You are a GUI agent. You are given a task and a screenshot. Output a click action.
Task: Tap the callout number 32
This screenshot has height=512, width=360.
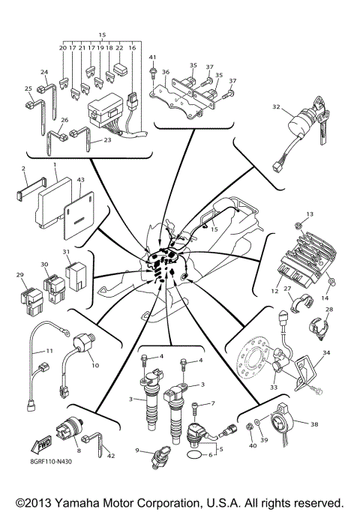[277, 107]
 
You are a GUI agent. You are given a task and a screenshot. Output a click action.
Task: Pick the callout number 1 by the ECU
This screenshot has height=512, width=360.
[55, 164]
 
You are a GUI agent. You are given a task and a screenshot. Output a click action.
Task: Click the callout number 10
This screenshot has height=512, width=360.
[95, 365]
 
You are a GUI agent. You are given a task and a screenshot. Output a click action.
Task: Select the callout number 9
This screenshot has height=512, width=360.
[137, 450]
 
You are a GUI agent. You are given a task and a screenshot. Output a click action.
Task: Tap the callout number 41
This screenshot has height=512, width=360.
[151, 58]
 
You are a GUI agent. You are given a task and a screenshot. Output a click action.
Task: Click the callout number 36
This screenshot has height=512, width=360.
[166, 72]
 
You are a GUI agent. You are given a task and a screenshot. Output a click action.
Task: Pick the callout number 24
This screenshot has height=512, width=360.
[43, 73]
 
